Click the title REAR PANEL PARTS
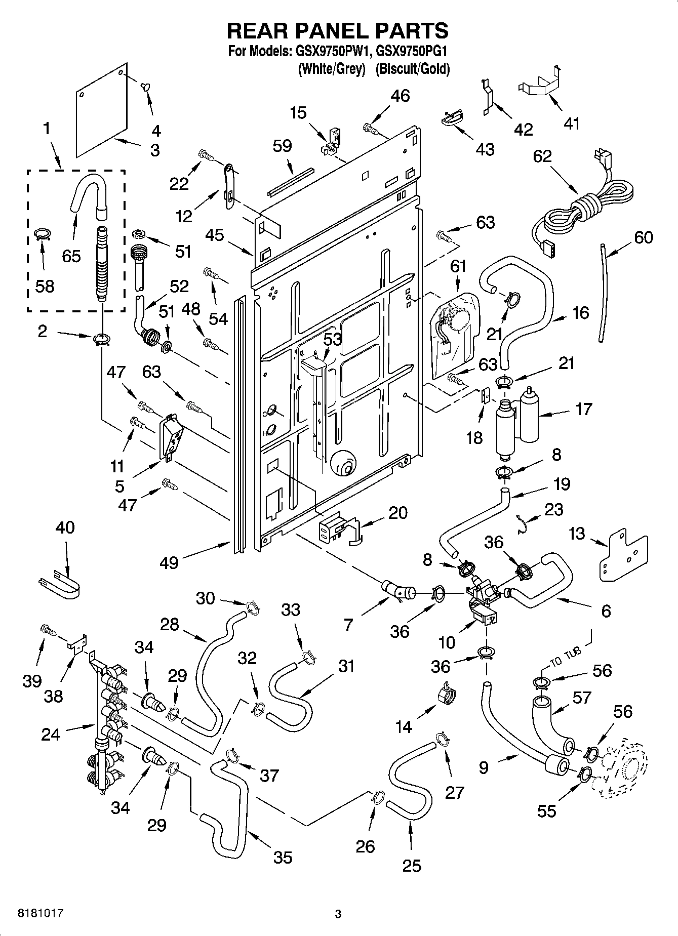[338, 31]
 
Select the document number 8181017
[34, 913]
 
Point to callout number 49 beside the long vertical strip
[169, 562]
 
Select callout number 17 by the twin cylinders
[583, 409]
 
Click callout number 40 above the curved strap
[65, 527]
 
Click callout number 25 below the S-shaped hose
[412, 866]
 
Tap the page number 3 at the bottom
[338, 914]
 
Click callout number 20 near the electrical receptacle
[397, 513]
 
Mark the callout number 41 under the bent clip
[571, 123]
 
